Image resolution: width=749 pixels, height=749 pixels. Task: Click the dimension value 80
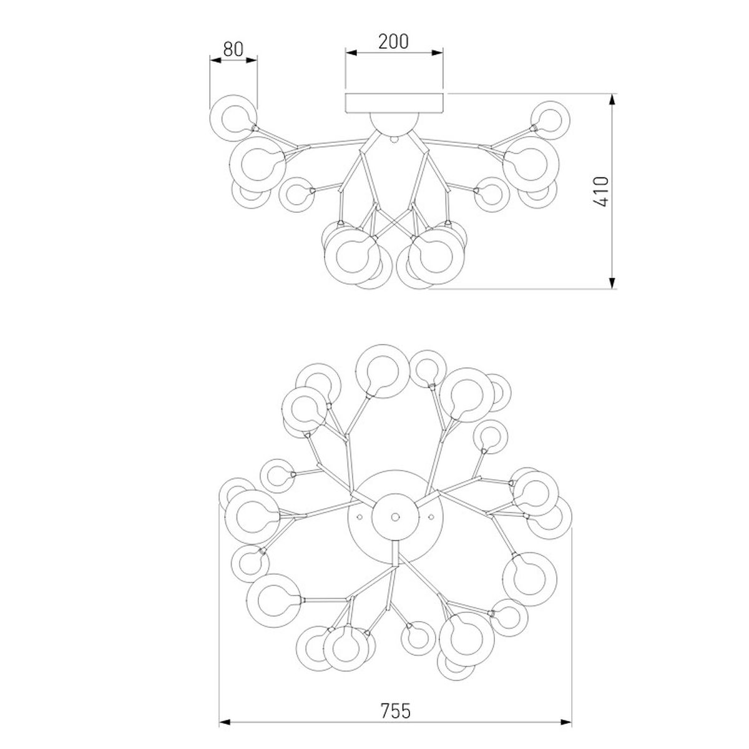[x=233, y=49]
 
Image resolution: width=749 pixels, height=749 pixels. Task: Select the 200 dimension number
[x=394, y=42]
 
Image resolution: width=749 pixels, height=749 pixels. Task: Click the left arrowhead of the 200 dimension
[x=351, y=53]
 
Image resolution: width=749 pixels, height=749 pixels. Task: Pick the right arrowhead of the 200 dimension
[x=438, y=53]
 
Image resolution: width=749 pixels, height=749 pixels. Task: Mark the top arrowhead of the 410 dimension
[x=612, y=99]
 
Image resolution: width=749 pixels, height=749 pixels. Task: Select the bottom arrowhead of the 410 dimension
[x=612, y=283]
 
